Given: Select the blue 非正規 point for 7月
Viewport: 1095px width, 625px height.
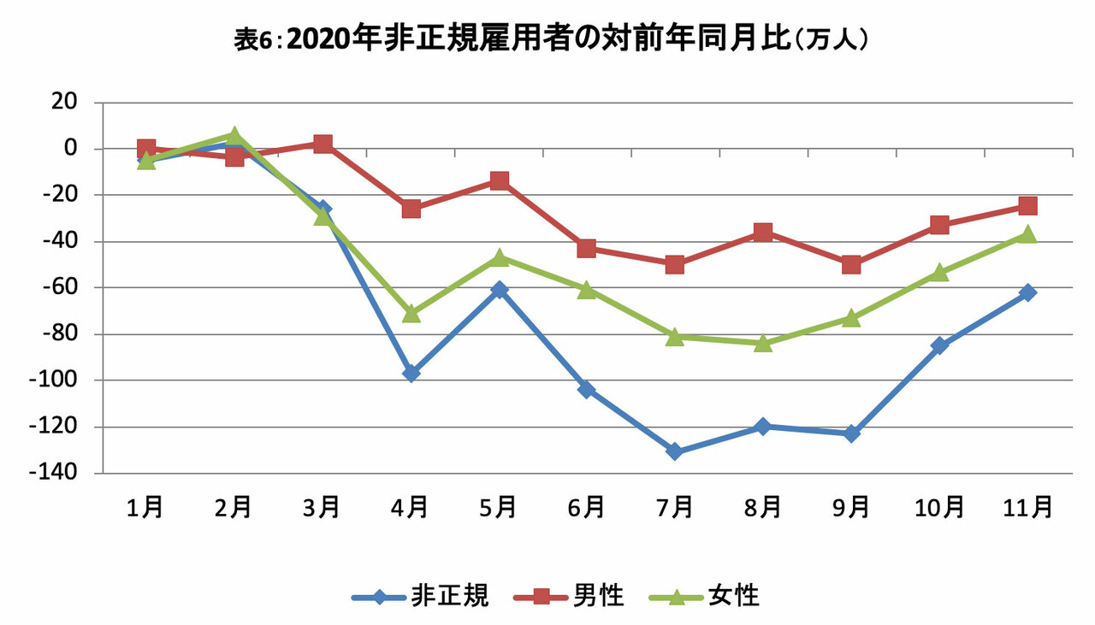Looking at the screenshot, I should (674, 451).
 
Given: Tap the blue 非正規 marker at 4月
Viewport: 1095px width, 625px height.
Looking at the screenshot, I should (411, 374).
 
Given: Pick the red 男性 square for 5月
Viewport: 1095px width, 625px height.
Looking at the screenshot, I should (500, 181).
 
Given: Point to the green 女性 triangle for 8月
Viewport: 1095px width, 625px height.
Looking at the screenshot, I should (763, 343).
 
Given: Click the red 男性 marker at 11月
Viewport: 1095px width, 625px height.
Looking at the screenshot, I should (1027, 206).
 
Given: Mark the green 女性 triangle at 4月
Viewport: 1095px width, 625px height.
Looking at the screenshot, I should (411, 313).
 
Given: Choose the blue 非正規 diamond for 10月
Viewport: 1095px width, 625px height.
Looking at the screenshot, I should (939, 345).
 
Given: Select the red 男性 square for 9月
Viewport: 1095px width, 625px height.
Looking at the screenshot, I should (851, 264).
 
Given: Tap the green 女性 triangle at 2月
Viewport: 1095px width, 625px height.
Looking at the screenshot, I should (234, 135).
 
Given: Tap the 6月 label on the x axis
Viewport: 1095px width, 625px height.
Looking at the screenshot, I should (586, 508).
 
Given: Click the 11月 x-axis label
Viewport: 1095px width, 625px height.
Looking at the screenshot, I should (1027, 508).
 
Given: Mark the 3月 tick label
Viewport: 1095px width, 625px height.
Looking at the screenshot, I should (322, 508).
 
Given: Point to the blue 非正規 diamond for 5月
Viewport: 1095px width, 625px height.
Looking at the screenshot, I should (500, 290).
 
